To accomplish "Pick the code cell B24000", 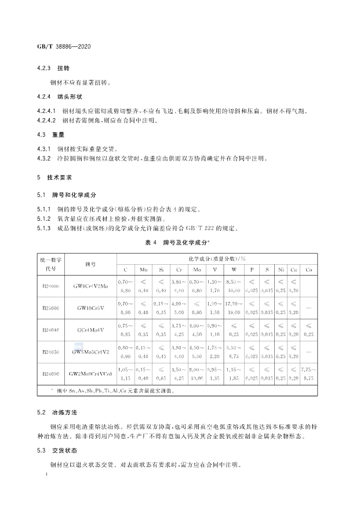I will (51, 286).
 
